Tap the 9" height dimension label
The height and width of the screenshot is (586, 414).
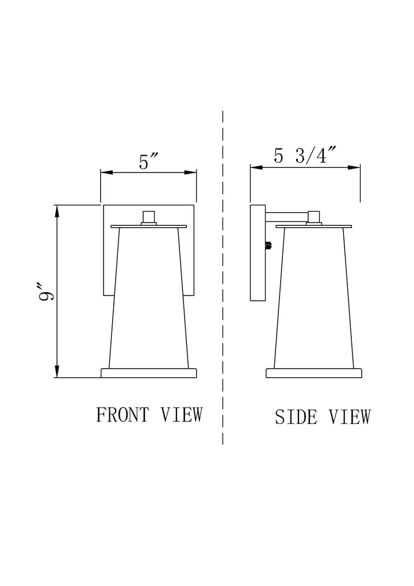[48, 291]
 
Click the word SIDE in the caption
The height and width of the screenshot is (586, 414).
[296, 417]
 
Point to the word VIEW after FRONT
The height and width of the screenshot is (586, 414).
[182, 415]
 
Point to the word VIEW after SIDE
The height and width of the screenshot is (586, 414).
[350, 417]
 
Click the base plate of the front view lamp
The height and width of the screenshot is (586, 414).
[149, 373]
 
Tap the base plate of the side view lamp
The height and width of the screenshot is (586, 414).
[314, 373]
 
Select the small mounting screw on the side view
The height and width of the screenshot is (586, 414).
[269, 246]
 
